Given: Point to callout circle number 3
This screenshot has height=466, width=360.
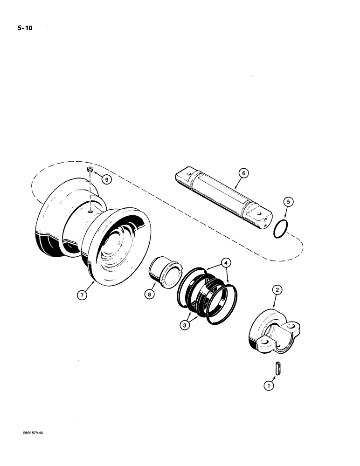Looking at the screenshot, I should point(185,326).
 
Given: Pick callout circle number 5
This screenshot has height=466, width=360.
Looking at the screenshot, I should point(289,202).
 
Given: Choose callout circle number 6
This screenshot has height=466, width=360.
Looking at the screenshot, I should point(242,173).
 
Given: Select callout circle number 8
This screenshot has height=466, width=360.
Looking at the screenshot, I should point(151,295).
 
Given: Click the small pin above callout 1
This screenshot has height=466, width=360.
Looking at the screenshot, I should point(278,368).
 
